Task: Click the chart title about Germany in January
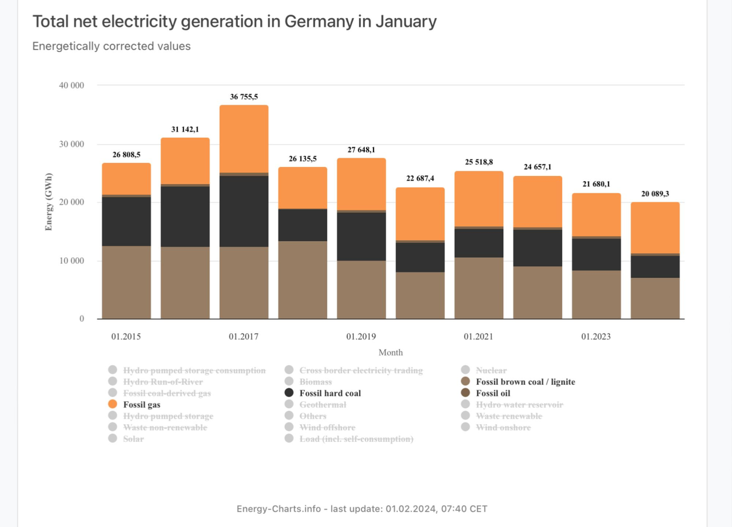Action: click(x=234, y=22)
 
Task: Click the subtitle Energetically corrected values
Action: click(x=112, y=46)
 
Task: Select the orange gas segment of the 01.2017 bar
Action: click(x=244, y=139)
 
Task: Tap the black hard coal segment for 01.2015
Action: click(x=126, y=221)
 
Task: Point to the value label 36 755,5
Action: click(x=244, y=97)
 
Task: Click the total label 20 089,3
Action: click(x=655, y=194)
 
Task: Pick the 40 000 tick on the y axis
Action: click(x=71, y=85)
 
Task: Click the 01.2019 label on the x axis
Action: click(x=361, y=337)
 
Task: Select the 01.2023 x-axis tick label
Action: click(x=596, y=337)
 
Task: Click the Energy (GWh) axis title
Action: click(x=49, y=202)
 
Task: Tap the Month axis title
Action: click(x=391, y=353)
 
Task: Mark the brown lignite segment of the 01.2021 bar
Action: click(x=479, y=288)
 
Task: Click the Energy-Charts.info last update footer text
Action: click(x=362, y=509)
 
